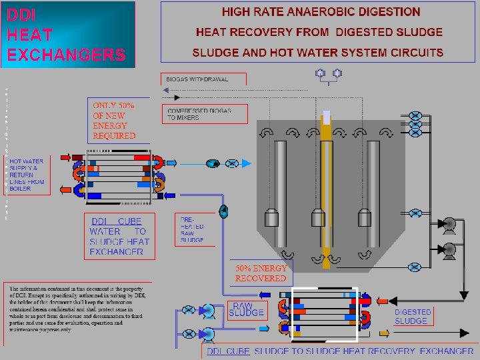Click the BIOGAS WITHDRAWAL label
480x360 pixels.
pyautogui.click(x=197, y=79)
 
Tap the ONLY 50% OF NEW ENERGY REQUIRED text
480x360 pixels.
pyautogui.click(x=113, y=121)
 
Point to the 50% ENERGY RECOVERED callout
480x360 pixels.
pyautogui.click(x=261, y=273)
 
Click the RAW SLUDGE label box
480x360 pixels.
pyautogui.click(x=246, y=309)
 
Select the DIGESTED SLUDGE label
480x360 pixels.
pyautogui.click(x=413, y=316)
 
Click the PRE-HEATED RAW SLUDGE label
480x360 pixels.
pyautogui.click(x=192, y=229)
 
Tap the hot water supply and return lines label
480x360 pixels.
pyautogui.click(x=27, y=175)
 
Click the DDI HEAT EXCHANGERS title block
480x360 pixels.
pyautogui.click(x=67, y=34)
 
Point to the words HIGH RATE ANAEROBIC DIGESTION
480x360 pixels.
pyautogui.click(x=321, y=12)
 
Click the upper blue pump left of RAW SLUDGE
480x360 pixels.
pyautogui.click(x=208, y=310)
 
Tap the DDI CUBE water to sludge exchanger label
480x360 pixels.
pyautogui.click(x=119, y=236)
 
